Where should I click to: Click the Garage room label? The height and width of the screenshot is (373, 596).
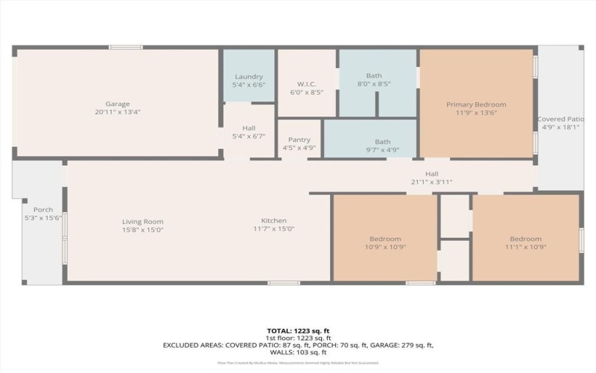click(118, 104)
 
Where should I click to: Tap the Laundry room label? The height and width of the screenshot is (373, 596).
click(249, 77)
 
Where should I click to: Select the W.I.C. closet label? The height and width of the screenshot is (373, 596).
click(307, 83)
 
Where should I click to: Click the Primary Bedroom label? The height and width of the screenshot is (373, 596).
click(476, 104)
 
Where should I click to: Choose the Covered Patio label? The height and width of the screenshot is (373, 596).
click(560, 119)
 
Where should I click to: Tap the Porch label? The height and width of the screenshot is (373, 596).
click(43, 210)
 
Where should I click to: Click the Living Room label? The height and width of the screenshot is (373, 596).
click(142, 221)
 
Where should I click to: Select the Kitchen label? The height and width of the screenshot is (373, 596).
click(273, 221)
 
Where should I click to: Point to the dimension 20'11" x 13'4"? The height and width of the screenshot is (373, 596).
click(118, 113)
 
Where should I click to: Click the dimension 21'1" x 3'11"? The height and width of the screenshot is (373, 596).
click(431, 182)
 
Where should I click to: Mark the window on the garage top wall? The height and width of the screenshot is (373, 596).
click(125, 48)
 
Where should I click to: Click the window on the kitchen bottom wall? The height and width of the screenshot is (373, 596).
click(283, 283)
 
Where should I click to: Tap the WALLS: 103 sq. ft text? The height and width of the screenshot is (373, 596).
click(297, 352)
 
